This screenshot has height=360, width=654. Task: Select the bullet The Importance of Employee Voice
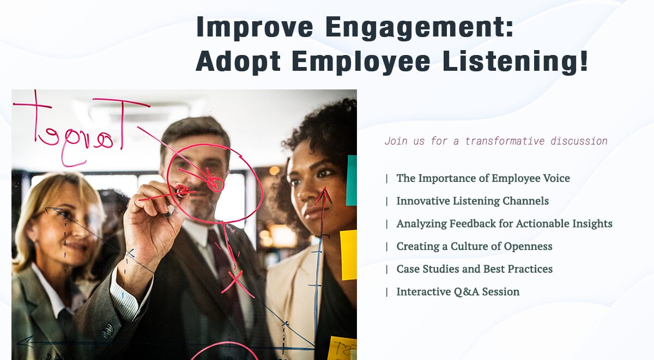coord(483,178)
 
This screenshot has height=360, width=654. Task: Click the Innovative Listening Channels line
coord(472,201)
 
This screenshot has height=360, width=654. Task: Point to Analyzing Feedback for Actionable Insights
coord(504,224)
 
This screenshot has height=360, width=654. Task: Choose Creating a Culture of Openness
coord(474,247)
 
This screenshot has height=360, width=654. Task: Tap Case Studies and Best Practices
coord(474,269)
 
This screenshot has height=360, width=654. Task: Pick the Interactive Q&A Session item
coord(458,292)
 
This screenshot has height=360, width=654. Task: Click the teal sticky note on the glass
coord(352,180)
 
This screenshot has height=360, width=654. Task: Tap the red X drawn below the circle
coord(235,282)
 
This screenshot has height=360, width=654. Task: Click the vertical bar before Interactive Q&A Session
coord(387,292)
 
